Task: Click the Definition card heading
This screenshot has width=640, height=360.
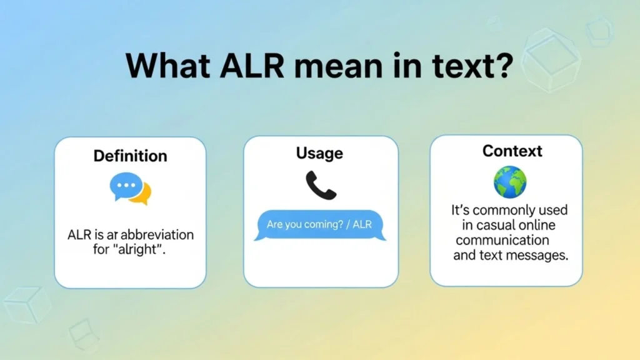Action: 130,156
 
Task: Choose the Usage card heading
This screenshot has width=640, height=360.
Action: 321,153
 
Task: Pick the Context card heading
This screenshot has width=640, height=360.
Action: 512,151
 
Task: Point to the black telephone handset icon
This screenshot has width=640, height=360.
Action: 321,186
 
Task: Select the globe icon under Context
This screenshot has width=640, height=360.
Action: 510,182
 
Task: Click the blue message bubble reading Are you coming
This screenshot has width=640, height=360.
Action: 319,224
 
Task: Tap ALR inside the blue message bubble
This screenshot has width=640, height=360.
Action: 362,224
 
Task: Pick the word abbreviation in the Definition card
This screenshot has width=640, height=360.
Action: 157,236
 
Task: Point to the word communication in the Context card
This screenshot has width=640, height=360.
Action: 502,240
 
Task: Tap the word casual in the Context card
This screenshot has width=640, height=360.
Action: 493,225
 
